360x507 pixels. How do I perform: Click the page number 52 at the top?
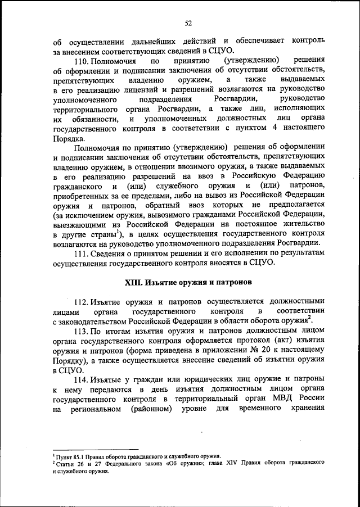(x=187, y=22)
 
